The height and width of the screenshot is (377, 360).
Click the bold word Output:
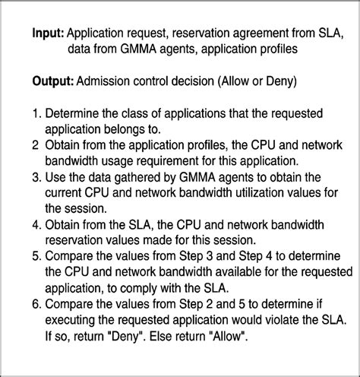53,80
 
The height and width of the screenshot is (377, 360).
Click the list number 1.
36,113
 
